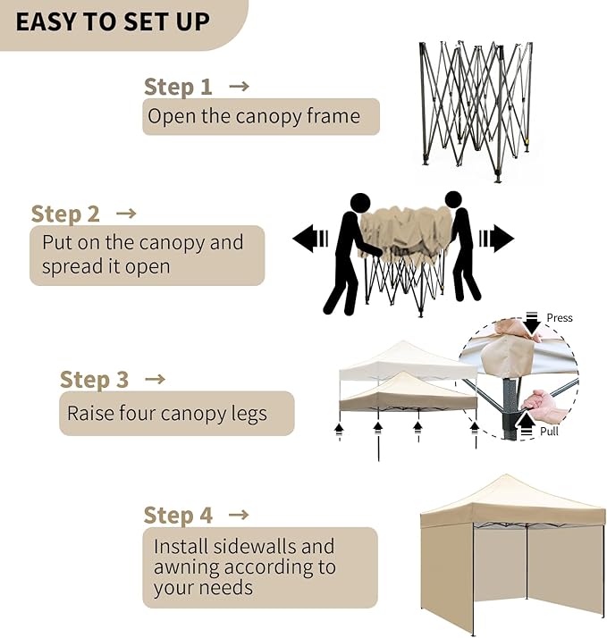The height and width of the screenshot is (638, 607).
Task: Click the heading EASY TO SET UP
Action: (113, 22)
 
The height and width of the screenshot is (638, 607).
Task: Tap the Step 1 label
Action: (178, 87)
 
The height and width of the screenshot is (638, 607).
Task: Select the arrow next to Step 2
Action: (126, 214)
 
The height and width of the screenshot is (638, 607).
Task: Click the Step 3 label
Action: (94, 379)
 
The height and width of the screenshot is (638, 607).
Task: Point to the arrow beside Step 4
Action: (239, 515)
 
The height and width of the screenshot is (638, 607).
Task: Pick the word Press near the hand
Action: (560, 318)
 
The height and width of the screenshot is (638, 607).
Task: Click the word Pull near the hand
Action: (549, 432)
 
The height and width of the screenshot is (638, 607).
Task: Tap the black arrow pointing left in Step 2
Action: (310, 239)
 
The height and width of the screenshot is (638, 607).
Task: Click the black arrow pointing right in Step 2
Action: (497, 239)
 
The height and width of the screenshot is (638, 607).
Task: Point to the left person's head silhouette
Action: (360, 203)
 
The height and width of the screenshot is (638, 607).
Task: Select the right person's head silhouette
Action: (453, 200)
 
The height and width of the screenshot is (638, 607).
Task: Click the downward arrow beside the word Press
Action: (532, 323)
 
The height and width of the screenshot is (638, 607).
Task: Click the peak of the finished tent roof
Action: (507, 475)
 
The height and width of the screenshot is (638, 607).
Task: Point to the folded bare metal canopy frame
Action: (476, 111)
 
